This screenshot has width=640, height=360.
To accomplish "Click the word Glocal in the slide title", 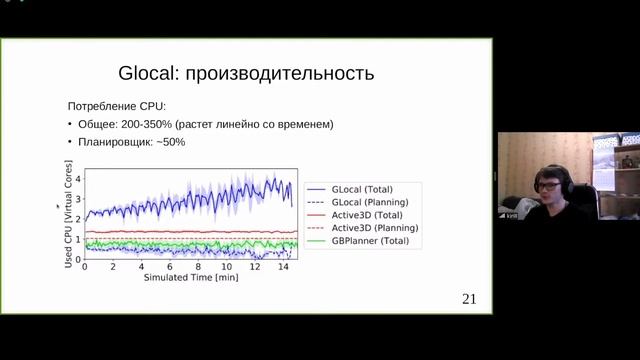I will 146,73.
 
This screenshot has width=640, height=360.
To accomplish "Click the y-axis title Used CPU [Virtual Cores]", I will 69,216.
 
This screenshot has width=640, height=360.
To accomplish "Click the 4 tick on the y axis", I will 77,174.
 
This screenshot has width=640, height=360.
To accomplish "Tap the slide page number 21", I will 469,299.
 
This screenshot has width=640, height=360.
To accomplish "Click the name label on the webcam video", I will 511,216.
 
